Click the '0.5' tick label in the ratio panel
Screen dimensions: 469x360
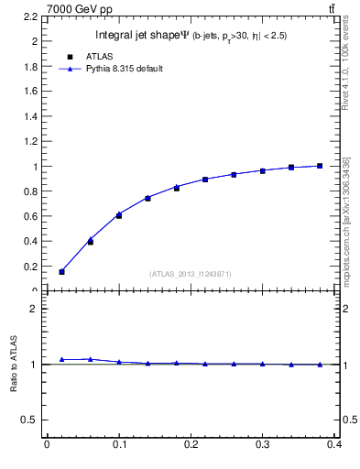[x=31, y=420]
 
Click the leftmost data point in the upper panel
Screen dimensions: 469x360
[x=61, y=271]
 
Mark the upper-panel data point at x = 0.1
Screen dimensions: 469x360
[x=119, y=215]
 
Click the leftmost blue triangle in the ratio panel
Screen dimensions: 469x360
[x=61, y=359]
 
